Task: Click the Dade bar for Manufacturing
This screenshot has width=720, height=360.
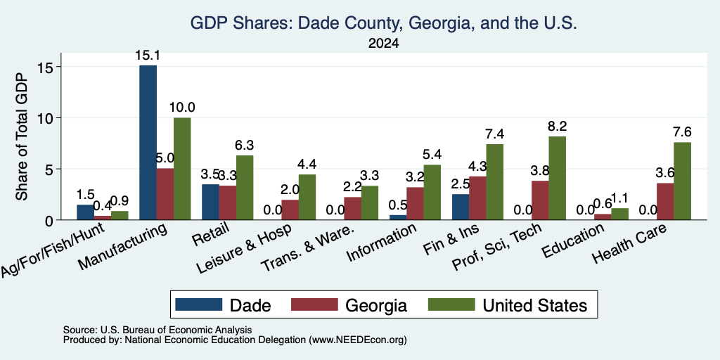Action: [148, 142]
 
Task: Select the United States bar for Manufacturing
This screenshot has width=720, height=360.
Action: [182, 169]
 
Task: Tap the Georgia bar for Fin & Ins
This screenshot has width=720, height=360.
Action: [477, 198]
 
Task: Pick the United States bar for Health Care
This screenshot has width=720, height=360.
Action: [682, 181]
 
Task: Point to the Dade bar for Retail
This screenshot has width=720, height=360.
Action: [210, 202]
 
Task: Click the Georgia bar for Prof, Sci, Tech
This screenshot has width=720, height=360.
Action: [540, 200]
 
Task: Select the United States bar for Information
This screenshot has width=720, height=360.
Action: [432, 193]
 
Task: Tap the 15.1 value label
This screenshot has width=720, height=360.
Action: [148, 56]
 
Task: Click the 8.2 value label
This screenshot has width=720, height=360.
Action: [557, 126]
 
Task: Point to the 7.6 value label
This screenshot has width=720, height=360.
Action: [682, 132]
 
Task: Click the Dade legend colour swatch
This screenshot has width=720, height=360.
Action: [198, 304]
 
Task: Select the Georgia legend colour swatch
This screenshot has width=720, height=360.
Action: [314, 304]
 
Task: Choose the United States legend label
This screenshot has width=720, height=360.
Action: [535, 305]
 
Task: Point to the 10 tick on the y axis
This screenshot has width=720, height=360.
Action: [47, 118]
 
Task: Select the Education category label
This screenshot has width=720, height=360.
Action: [572, 240]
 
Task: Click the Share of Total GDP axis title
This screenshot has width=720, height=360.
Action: [22, 136]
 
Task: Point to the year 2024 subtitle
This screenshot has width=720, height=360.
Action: [383, 44]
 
